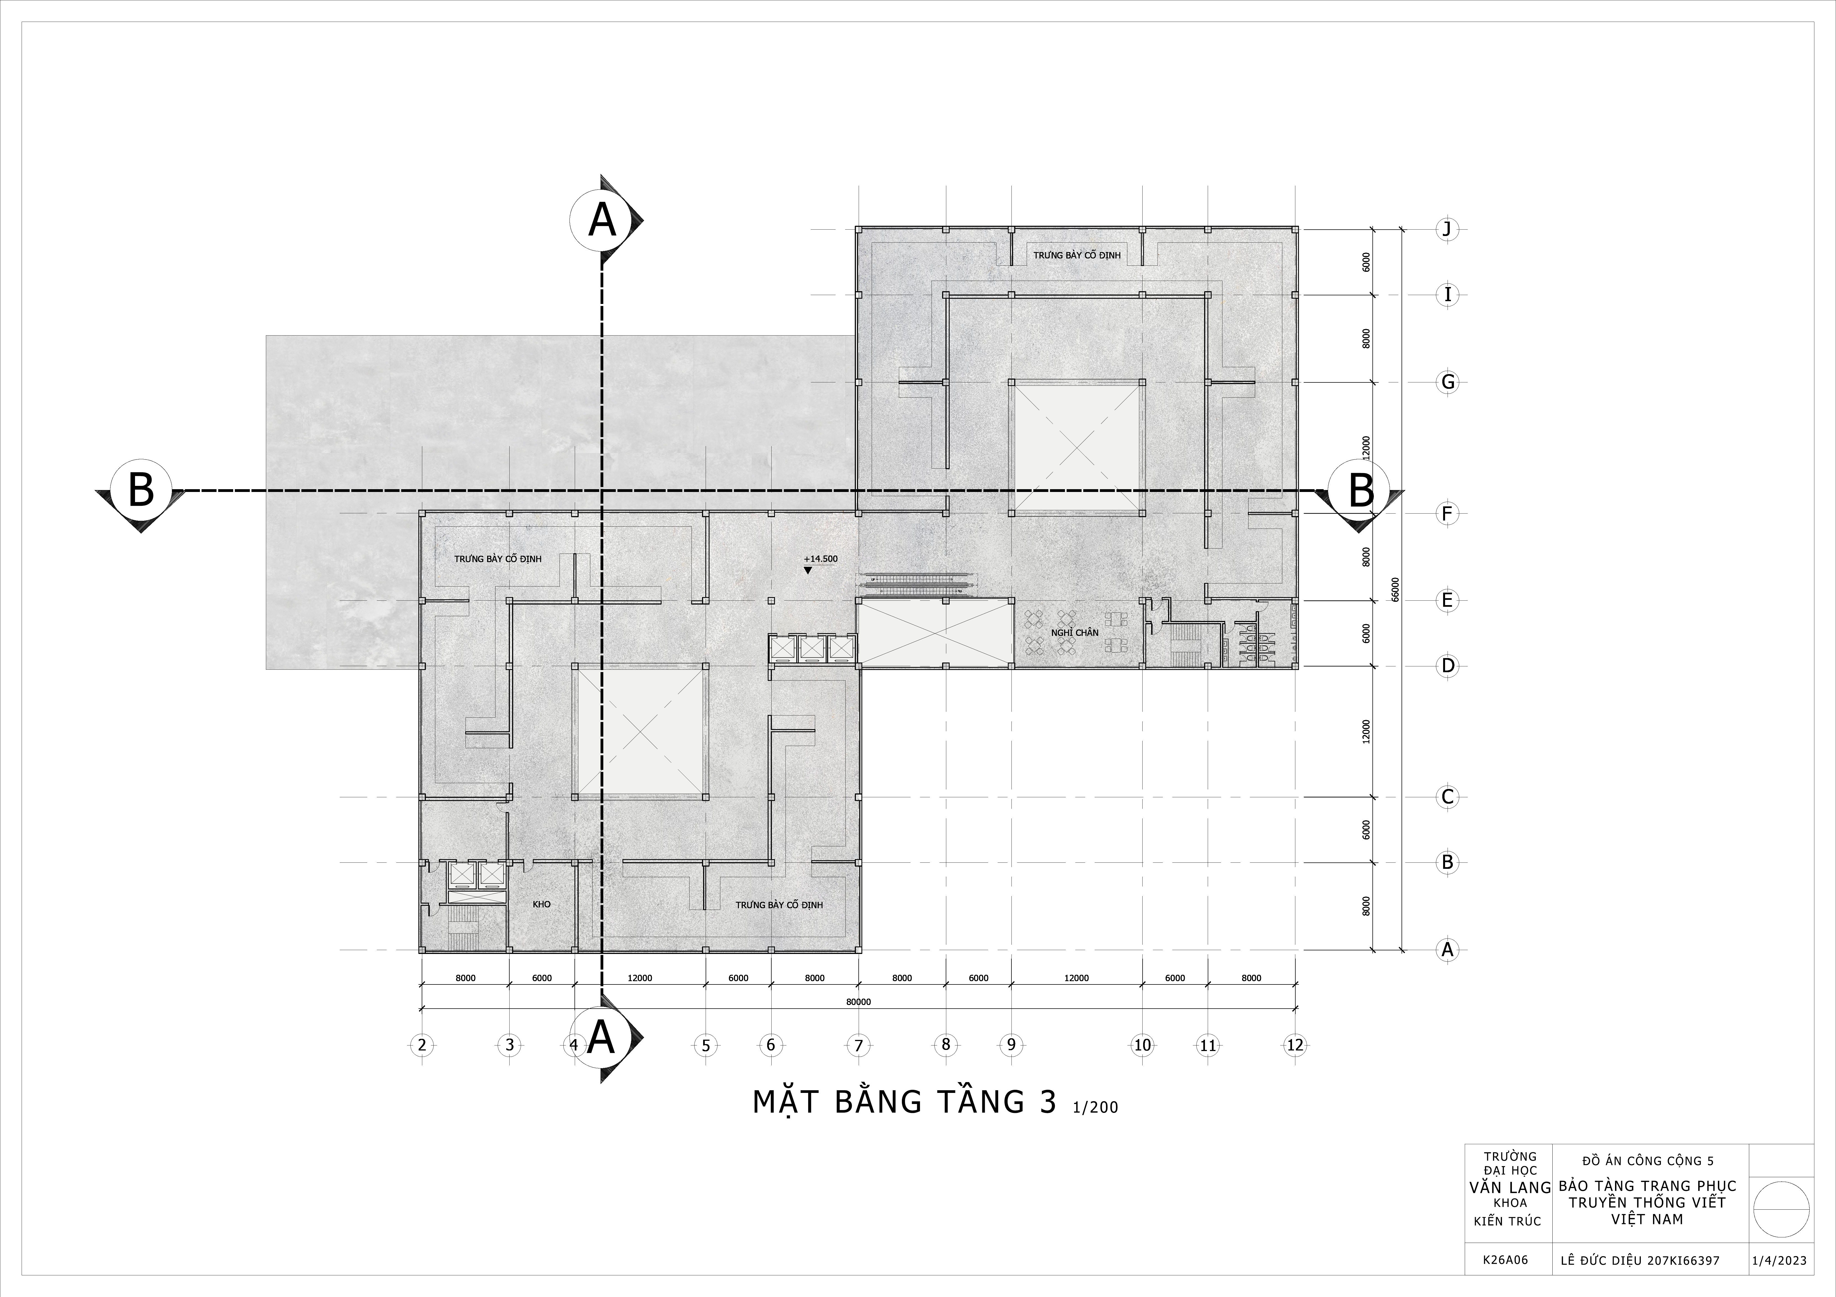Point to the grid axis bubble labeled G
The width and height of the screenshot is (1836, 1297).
1446,382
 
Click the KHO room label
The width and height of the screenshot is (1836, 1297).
541,904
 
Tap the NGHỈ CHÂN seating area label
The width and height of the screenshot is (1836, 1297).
1075,633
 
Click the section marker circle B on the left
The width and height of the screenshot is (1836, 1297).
141,489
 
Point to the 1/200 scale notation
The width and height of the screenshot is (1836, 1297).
1095,1108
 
